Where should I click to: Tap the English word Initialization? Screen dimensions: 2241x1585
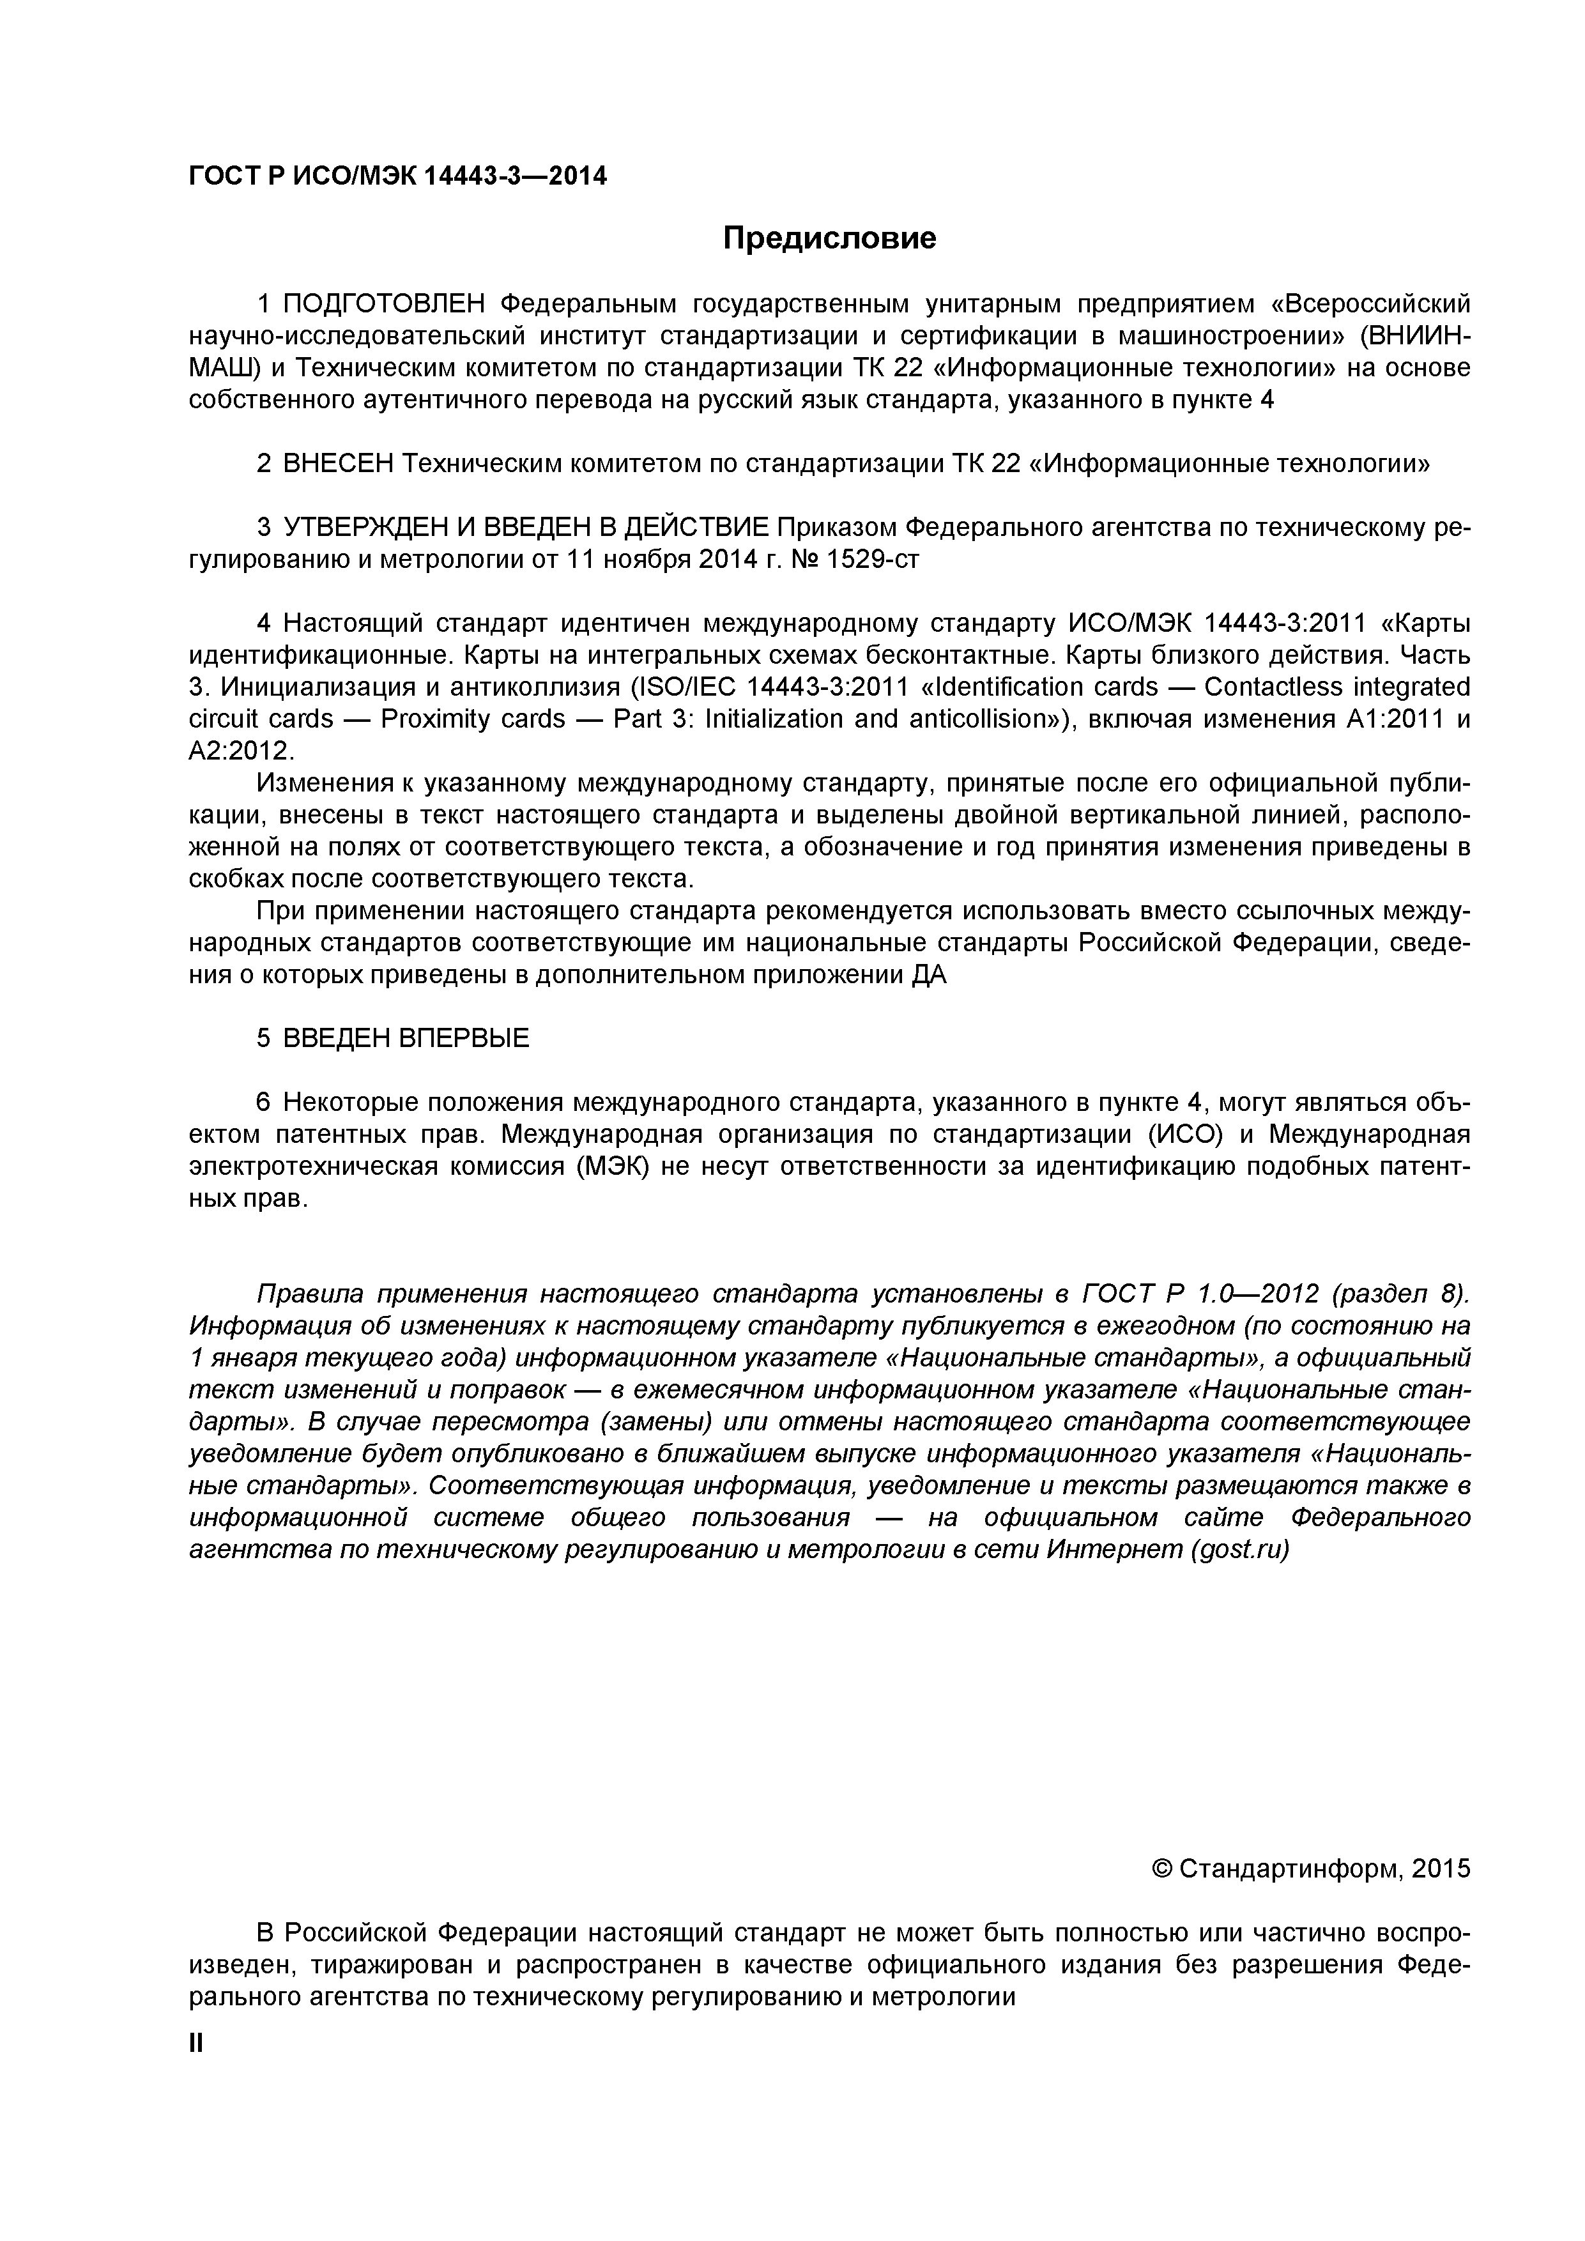coord(762,719)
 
